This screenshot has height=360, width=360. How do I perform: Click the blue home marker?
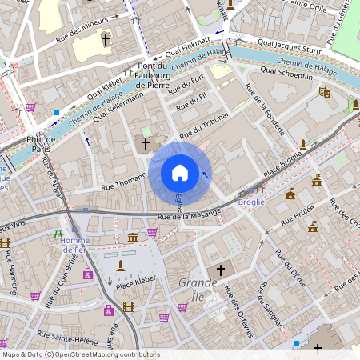click(x=180, y=173)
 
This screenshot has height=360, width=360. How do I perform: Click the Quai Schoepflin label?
click(x=286, y=71)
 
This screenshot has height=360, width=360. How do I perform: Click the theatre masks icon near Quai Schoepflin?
click(x=325, y=93)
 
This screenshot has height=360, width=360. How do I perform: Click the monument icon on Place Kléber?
click(x=121, y=265)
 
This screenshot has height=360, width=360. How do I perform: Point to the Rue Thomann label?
click(x=119, y=185)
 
